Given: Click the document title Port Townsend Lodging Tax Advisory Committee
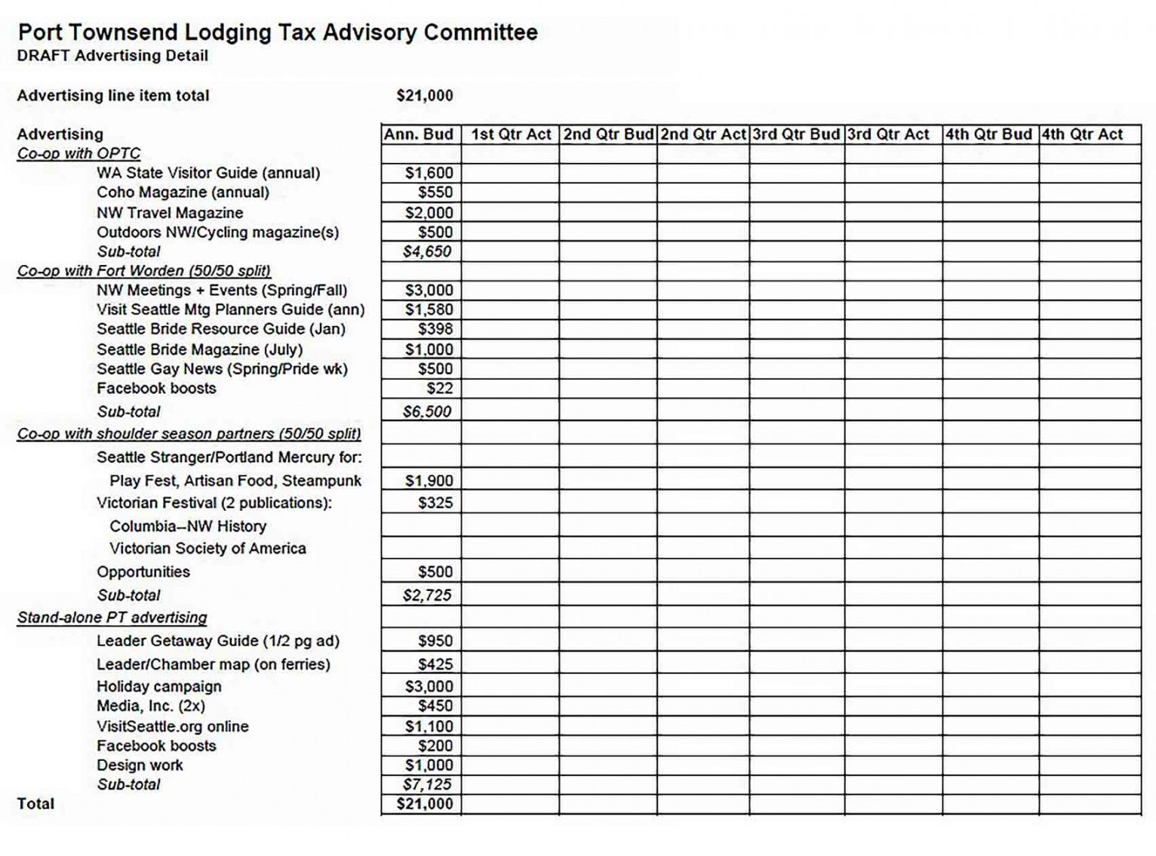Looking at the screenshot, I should tap(277, 32).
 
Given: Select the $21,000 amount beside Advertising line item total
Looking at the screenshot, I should tap(425, 96).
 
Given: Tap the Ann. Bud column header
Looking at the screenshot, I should tap(419, 134).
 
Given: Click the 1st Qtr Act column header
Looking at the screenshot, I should tap(511, 134).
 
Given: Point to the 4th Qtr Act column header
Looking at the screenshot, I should tap(1083, 134).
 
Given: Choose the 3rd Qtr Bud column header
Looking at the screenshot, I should tap(796, 134).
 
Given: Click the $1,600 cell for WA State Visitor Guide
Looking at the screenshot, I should tap(429, 173).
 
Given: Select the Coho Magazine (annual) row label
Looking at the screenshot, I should tap(183, 192).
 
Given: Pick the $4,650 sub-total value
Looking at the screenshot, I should tap(427, 251).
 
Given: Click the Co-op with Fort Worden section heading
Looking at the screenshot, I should tap(144, 271).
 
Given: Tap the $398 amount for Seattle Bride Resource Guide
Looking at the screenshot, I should tap(435, 329).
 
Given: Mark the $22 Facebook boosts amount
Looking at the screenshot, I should tap(440, 389).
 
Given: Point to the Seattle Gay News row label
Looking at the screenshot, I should tap(222, 369).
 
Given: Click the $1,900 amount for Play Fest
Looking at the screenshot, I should tap(429, 481).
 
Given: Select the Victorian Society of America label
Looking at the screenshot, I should tap(208, 549).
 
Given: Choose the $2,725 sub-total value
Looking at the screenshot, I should tap(427, 596).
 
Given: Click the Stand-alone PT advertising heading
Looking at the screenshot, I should tap(112, 617).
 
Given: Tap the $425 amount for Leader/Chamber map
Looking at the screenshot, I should tap(435, 665).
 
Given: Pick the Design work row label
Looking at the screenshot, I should tap(140, 765).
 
